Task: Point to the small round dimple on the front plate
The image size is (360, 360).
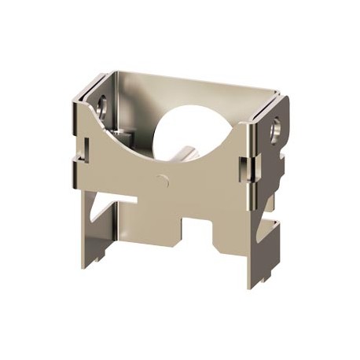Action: (x=163, y=180)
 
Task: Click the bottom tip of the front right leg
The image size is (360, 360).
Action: (x=253, y=285)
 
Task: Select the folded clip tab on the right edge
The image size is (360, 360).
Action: (x=246, y=167)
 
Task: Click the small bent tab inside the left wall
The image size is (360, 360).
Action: (x=118, y=130)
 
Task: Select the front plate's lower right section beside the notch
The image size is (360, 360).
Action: (x=232, y=236)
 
